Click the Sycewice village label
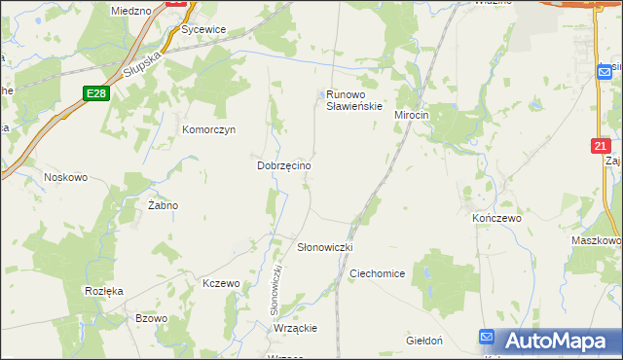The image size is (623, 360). (202, 29)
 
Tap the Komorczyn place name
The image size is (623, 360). (209, 128)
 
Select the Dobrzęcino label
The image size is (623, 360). (283, 166)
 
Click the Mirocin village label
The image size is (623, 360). (411, 115)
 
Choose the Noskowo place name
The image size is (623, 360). (66, 177)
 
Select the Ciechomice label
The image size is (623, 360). (377, 273)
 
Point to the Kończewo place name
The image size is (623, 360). (496, 219)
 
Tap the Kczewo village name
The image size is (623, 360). (220, 283)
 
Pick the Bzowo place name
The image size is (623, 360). (152, 318)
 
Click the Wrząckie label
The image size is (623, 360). (296, 328)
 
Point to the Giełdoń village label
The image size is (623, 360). (424, 341)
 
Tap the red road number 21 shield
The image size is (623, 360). (602, 146)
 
